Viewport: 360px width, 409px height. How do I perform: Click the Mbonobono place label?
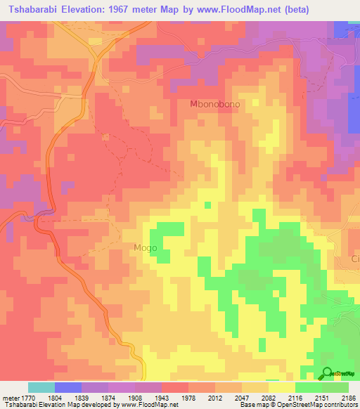pos(215,104)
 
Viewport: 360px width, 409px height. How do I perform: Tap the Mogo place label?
pos(140,248)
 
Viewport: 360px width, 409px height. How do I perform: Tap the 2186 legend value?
pos(349,397)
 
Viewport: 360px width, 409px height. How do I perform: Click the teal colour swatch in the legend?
pos(41,387)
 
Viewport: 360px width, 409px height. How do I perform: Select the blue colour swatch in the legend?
pos(68,387)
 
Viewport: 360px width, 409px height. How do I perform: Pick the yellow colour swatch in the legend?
pos(282,387)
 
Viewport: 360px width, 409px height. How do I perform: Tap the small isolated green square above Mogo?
pos(207,205)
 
